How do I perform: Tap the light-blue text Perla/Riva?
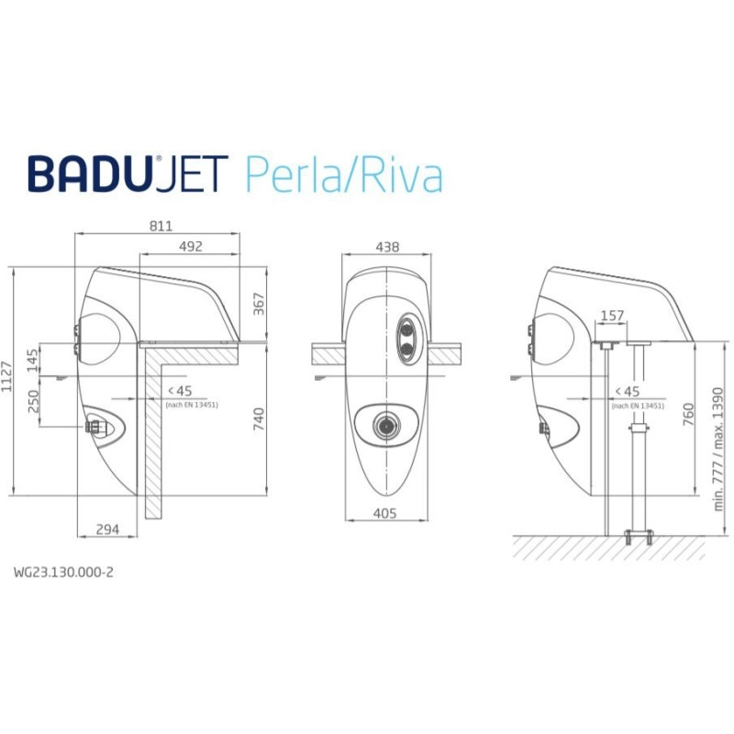pos(344,174)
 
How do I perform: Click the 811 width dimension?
pos(161,226)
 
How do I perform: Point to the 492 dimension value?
pos(190,246)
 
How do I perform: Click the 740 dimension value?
pos(259,419)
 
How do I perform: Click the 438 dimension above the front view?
pos(388,246)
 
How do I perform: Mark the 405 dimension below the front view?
pos(386,514)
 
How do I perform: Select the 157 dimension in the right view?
pos(612,316)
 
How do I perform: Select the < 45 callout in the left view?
pos(178,392)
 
